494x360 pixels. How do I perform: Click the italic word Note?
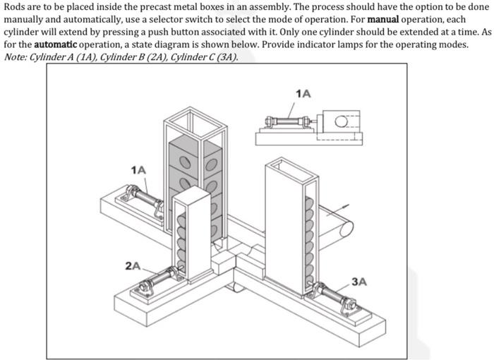tap(16, 56)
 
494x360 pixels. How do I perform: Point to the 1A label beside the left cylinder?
tap(138, 169)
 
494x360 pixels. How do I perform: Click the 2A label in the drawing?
tap(132, 265)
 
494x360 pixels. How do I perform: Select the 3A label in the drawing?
tap(359, 281)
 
